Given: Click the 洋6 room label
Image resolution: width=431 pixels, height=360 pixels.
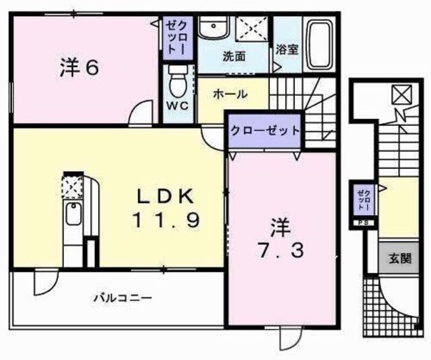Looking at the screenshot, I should (79, 67).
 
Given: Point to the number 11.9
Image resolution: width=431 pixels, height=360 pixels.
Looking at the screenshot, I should (165, 219).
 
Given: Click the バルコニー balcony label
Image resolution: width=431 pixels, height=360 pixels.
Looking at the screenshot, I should (122, 297).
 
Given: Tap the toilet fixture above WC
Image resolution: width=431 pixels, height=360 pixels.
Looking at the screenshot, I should (178, 83).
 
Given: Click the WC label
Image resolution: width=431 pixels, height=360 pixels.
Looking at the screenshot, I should (178, 106).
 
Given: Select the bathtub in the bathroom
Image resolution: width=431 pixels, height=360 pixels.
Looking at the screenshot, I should (319, 44).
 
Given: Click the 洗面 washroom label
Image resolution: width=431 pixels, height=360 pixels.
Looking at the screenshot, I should (234, 57).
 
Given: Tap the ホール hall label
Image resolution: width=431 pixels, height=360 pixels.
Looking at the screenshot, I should (230, 94).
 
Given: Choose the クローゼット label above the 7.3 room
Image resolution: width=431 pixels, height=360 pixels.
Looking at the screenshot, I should (263, 130).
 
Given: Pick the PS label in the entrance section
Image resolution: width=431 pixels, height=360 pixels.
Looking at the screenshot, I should (363, 223).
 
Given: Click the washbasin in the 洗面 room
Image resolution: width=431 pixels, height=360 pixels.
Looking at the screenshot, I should (214, 28).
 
